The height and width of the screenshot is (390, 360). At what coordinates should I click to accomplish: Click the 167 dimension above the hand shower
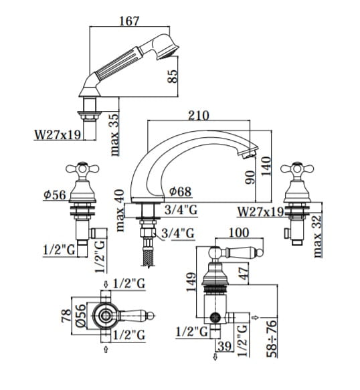pos(129,21)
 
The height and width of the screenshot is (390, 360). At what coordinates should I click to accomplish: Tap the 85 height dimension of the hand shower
pos(173,76)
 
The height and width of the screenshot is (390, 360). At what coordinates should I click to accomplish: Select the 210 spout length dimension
pos(199,116)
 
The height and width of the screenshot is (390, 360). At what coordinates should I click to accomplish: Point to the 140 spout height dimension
pos(266,166)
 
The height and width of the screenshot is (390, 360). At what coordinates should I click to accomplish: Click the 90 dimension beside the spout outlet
pos(250,177)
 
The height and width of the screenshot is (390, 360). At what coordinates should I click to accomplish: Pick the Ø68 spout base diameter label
pos(180,191)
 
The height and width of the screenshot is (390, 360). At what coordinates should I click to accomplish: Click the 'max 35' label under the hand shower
pos(114,134)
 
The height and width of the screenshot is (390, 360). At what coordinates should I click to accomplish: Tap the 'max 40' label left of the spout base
pos(120,211)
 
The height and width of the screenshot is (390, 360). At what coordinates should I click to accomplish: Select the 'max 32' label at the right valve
pos(317,236)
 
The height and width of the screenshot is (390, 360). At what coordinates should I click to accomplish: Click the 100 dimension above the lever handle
pos(239,233)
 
